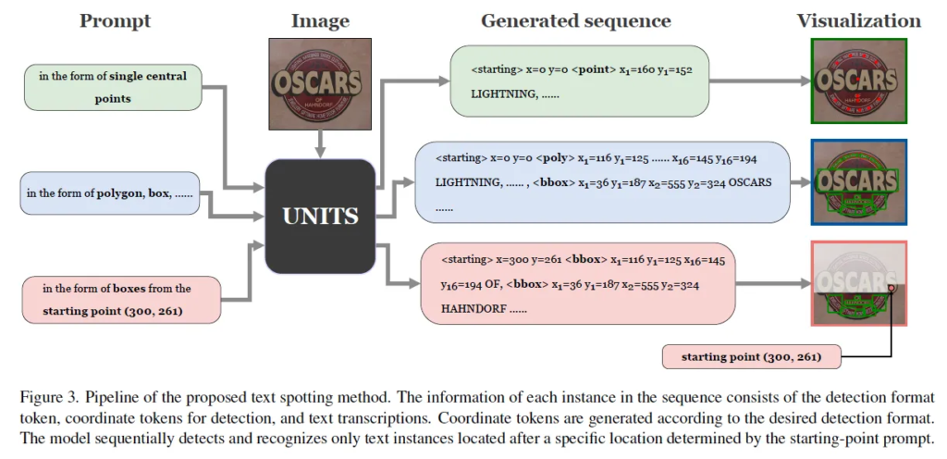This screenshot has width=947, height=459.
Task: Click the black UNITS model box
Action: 319,217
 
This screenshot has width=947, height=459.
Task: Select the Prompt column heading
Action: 116,20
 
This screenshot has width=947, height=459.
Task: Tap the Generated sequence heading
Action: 576,20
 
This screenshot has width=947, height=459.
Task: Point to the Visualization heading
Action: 859,20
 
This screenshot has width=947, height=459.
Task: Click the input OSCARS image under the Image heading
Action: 319,83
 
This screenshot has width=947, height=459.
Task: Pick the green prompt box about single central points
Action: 113,86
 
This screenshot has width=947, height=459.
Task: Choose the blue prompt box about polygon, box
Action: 109,193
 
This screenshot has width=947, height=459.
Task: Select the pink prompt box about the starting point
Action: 121,300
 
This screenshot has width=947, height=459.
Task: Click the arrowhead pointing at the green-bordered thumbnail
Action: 803,81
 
